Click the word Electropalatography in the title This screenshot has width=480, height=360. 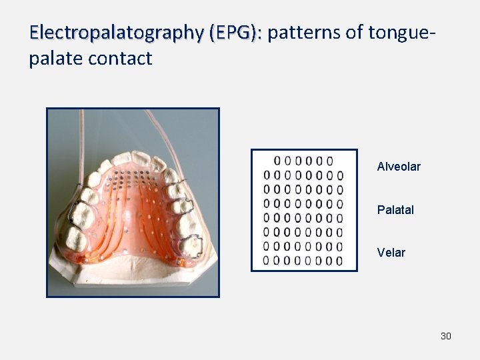tap(116, 32)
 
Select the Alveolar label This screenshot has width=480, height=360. tap(399, 167)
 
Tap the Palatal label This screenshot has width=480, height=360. tap(395, 210)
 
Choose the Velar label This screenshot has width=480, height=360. tap(391, 253)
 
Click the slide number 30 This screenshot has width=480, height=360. tap(446, 336)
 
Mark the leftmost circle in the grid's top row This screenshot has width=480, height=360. tap(277, 161)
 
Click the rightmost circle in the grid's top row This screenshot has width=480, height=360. tap(329, 161)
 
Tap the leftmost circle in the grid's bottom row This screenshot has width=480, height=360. tap(267, 261)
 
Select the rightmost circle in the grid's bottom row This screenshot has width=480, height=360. tap(339, 261)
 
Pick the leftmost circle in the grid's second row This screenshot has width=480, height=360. tap(267, 175)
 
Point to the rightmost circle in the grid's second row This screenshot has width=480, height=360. tap(339, 175)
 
